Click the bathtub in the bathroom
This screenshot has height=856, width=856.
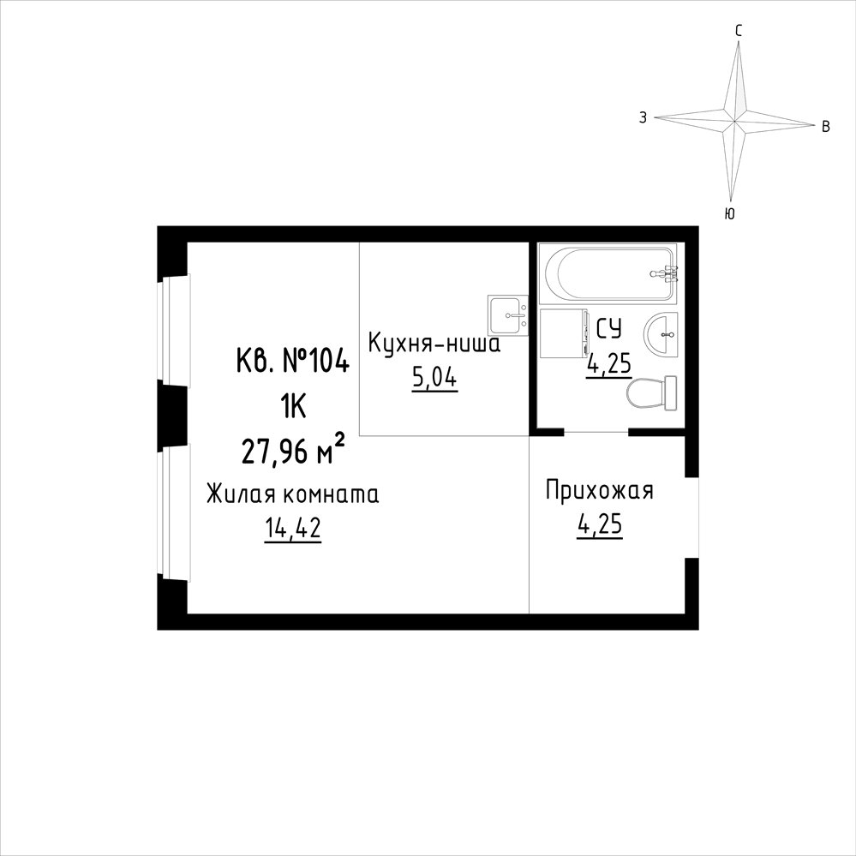tap(608, 273)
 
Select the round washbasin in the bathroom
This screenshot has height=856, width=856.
tap(661, 334)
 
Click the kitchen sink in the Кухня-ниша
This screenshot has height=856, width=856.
tap(508, 315)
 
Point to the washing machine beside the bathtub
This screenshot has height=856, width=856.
tap(564, 333)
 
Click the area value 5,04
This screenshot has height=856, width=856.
tap(434, 379)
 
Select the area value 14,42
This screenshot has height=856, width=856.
tap(292, 529)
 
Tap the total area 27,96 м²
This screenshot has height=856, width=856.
tap(293, 452)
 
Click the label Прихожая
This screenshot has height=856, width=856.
tap(600, 491)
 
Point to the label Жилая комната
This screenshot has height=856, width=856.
tap(292, 494)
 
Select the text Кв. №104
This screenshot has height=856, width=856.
tap(292, 361)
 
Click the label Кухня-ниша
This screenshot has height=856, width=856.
tap(434, 344)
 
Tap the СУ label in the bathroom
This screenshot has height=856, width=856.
tap(608, 329)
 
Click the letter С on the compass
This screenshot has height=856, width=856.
tap(738, 31)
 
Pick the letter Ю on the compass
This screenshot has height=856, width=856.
tap(730, 213)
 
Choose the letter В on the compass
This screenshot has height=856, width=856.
tap(826, 127)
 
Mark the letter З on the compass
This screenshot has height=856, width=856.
tap(643, 117)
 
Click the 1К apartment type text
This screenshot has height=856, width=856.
tap(292, 407)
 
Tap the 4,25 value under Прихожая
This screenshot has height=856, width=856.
tap(600, 525)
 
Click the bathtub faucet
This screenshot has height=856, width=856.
tap(664, 273)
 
